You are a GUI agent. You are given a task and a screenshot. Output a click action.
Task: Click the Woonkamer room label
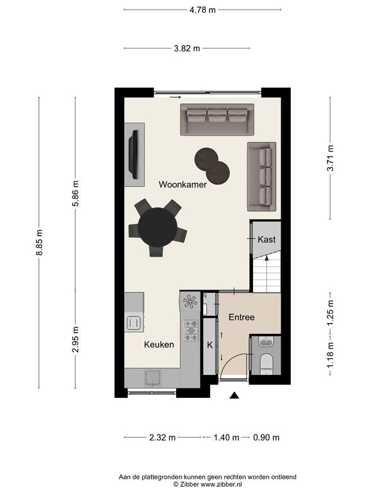click(183, 185)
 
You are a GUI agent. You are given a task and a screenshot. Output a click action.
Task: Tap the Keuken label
click(159, 345)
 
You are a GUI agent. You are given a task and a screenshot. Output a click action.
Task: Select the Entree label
click(242, 317)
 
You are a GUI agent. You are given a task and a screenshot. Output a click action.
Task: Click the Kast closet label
click(266, 239)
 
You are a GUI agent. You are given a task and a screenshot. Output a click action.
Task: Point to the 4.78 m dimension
click(202, 10)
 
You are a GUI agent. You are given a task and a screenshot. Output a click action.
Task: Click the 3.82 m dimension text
click(187, 48)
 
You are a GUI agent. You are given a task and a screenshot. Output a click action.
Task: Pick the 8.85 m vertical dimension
click(39, 243)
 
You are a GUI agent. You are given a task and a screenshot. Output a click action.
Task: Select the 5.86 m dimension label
click(76, 193)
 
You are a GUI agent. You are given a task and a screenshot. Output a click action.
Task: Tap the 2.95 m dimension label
click(76, 339)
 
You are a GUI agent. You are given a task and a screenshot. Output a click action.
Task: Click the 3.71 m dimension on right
click(331, 159)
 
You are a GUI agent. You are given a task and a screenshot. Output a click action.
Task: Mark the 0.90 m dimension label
click(266, 438)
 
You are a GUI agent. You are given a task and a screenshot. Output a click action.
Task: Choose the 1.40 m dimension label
click(226, 438)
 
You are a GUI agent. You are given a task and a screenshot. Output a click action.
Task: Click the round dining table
click(158, 227)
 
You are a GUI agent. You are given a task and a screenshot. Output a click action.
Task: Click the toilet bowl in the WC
click(267, 363)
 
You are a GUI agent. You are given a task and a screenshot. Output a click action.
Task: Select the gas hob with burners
click(191, 331)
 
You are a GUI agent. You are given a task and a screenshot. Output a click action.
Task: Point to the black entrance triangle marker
click(234, 395)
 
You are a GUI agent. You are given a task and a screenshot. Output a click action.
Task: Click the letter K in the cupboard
click(209, 345)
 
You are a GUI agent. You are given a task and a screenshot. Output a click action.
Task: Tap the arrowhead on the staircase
click(266, 259)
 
